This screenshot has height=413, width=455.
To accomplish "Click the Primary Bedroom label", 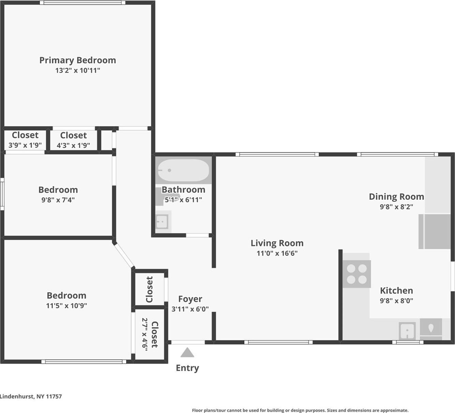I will click(78, 60).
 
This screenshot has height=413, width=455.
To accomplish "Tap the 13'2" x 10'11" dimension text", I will click(78, 71).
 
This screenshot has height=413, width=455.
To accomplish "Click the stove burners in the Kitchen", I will click(357, 274).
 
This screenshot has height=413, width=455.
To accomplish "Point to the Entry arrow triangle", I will click(187, 353).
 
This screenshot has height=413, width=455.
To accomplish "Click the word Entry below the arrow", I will click(187, 368).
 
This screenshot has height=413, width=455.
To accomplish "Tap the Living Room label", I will click(277, 243).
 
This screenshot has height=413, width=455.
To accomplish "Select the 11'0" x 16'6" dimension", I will click(277, 253).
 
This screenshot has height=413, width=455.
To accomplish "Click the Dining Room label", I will click(396, 197).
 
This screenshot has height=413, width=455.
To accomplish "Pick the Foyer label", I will click(190, 299).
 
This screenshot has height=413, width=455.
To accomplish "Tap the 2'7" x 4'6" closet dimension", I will click(145, 334).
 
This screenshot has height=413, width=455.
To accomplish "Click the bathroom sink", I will click(162, 222).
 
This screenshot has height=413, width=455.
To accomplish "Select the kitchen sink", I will click(407, 331).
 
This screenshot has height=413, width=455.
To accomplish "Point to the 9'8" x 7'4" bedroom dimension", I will click(58, 200).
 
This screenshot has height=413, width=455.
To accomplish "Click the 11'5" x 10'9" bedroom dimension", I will click(66, 306).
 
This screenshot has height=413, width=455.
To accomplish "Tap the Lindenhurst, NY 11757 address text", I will click(31, 396).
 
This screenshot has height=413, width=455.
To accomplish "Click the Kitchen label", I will click(396, 291).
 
